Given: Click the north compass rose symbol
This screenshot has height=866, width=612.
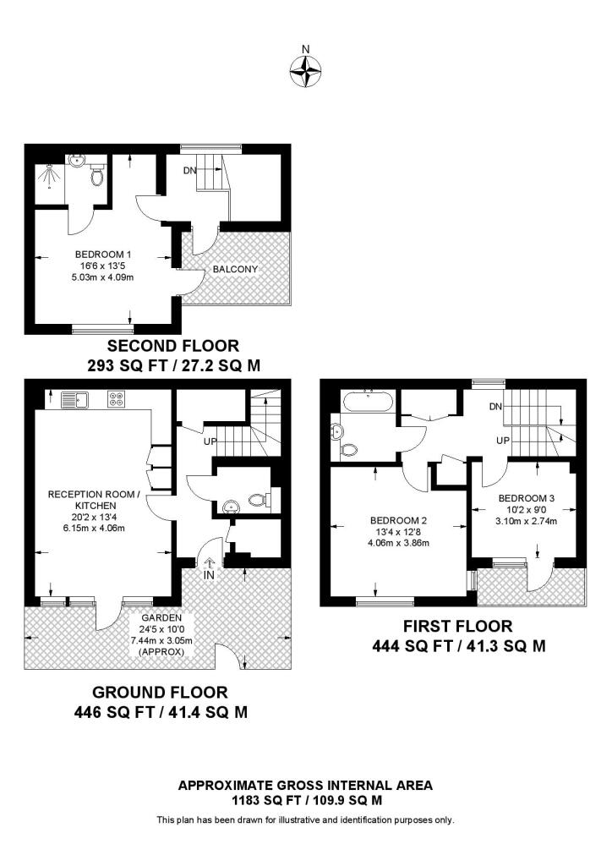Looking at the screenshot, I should [306, 71].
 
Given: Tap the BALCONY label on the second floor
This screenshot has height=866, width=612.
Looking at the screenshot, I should [235, 269].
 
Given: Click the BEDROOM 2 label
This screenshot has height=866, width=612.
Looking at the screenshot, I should [397, 520].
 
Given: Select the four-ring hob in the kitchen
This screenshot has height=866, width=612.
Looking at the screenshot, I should [116, 398].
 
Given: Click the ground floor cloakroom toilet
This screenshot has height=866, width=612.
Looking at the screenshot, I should [260, 501].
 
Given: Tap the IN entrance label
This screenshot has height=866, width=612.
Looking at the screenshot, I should [208, 575].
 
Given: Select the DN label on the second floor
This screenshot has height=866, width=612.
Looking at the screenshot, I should [190, 170].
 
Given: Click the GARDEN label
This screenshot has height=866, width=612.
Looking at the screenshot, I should [161, 618].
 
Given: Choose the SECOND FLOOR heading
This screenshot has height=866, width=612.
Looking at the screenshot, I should [172, 346].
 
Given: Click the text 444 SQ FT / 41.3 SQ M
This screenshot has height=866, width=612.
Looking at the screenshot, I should [458, 646].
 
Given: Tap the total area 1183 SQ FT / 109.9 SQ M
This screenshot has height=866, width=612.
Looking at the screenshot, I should [306, 800].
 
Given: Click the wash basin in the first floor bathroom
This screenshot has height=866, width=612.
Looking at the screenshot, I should [339, 431].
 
